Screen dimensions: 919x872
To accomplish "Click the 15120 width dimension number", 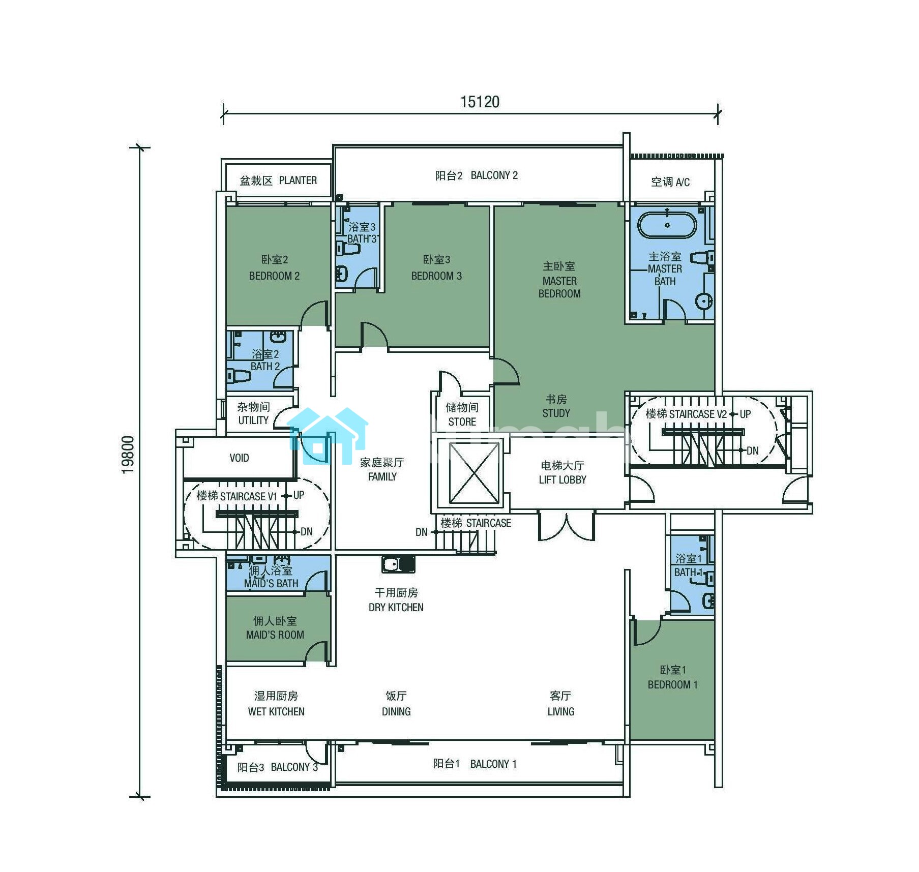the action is [x=480, y=102].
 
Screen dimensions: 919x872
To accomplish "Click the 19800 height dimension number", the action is [x=128, y=455].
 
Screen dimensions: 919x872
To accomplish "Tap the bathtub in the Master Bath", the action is [x=667, y=225].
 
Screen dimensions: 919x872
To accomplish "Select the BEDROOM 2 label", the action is [x=274, y=276].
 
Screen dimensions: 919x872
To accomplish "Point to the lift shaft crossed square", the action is [x=475, y=473].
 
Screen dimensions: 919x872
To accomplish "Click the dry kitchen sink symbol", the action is [x=398, y=564].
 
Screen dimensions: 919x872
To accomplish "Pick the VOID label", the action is [x=239, y=458].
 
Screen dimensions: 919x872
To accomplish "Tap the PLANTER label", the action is [x=298, y=181].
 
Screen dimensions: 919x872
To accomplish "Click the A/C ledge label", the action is [x=670, y=182].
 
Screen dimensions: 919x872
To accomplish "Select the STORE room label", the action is [x=462, y=422].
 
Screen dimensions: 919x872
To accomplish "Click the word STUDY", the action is [x=556, y=413].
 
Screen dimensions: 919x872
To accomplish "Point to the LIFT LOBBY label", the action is [x=562, y=480].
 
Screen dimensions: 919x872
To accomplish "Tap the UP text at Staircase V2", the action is [x=745, y=414].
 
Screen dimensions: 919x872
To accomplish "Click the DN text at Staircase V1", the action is [x=307, y=532].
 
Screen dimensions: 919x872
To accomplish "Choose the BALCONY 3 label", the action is [x=294, y=767].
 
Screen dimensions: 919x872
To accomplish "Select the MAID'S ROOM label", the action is [x=275, y=635].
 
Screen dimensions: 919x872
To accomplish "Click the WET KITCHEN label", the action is [x=276, y=712].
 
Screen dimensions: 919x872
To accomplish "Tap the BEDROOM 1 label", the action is [x=672, y=685].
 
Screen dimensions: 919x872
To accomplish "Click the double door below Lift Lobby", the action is [x=567, y=526].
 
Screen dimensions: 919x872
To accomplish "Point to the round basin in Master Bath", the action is [x=704, y=301].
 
